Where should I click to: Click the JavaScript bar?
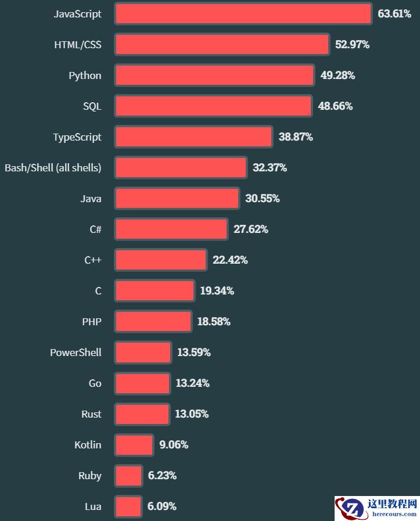pos(243,14)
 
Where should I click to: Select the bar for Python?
pos(214,76)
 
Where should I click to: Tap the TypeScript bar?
pos(193,137)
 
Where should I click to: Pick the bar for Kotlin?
pos(134,445)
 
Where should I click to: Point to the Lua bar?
pos(128,506)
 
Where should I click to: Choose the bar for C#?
pos(171,229)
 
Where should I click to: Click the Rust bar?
pos(142,414)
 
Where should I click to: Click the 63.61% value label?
pos(394,14)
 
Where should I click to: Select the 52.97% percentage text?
pos(352,45)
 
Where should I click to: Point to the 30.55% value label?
pos(262,199)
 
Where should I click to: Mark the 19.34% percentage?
pos(217,291)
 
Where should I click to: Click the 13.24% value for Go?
pos(192,383)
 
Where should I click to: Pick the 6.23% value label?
pos(162,476)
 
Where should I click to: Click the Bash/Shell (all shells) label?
pos(53,168)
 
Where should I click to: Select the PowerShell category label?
pos(76,353)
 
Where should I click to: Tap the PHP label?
pos(92,322)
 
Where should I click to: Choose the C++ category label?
pos(93,260)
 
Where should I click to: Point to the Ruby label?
pos(90,476)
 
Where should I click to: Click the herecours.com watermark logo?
pos(376,508)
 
